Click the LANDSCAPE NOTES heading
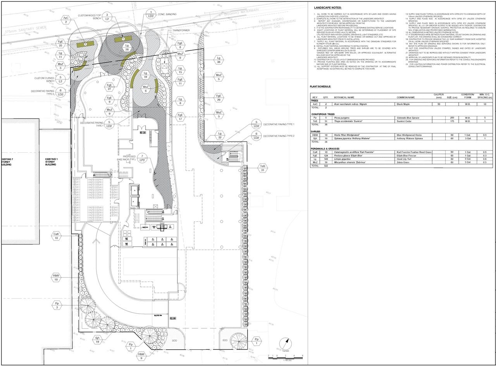pyautogui.click(x=327, y=8)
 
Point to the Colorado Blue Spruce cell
pyautogui.click(x=408, y=117)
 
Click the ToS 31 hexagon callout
pyautogui.click(x=263, y=168)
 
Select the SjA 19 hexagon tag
pyautogui.click(x=98, y=340)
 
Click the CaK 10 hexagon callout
pyautogui.click(x=57, y=236)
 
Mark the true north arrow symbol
pyautogui.click(x=286, y=344)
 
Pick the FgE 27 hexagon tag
pyautogui.click(x=110, y=86)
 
